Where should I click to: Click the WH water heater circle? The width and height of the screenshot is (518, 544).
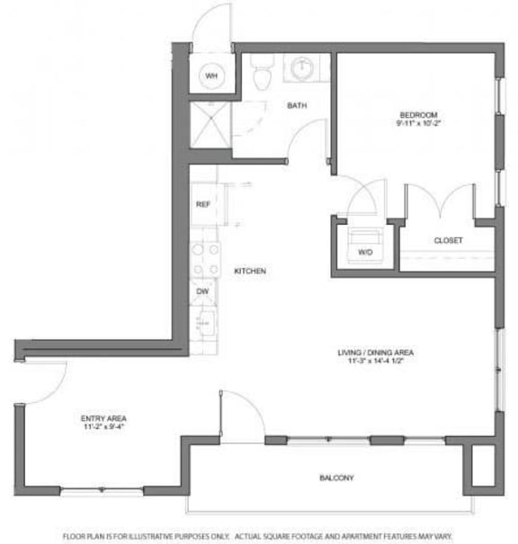[211, 76]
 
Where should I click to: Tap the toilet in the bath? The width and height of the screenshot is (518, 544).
[262, 76]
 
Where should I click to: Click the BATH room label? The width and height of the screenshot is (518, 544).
[296, 106]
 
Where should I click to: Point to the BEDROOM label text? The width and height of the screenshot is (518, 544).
[418, 114]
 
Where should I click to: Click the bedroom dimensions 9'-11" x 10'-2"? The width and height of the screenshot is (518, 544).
[418, 123]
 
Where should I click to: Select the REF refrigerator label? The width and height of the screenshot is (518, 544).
[203, 205]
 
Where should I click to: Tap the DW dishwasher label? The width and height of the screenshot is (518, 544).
[203, 290]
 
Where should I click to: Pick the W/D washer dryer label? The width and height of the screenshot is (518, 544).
[365, 253]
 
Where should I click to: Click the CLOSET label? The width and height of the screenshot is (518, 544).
[448, 241]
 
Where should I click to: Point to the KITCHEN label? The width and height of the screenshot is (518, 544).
[250, 272]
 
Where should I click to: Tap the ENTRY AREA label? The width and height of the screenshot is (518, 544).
[104, 419]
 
